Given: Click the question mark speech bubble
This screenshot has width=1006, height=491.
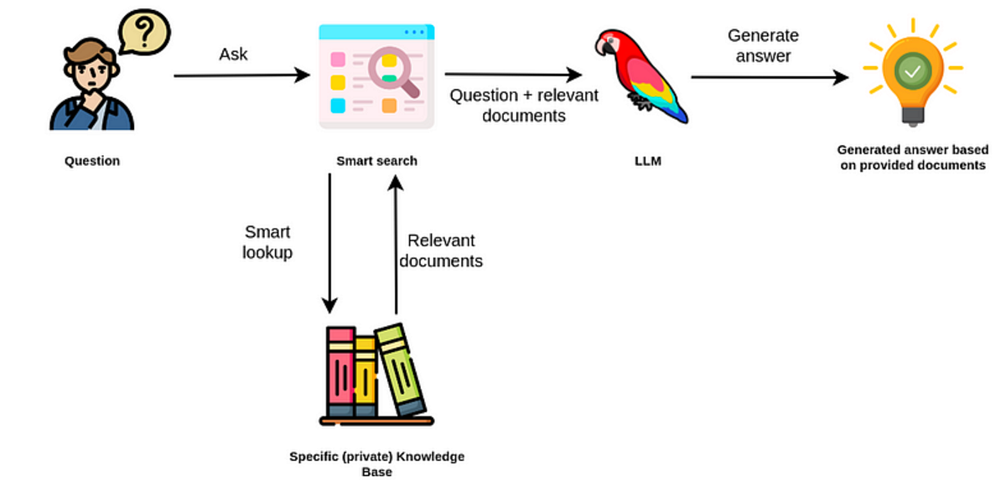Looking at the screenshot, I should tap(144, 33).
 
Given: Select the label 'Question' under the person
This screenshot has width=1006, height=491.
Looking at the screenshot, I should tap(92, 161).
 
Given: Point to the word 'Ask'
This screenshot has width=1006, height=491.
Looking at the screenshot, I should tap(234, 54).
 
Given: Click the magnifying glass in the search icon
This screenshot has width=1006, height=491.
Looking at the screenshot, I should tap(391, 70).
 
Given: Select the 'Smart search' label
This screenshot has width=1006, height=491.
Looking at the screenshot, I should tap(376, 161).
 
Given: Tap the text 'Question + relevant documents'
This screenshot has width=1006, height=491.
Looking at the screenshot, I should tap(524, 106).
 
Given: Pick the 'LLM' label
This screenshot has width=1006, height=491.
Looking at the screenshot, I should tap(647, 161).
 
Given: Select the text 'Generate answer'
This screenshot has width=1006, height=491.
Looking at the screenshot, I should tap(763, 46).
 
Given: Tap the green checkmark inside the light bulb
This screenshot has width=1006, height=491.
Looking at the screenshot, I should tap(911, 72).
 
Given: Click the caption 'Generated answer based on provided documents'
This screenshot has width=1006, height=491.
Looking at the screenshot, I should tap(912, 158).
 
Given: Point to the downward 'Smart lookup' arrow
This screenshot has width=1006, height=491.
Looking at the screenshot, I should tap(330, 243).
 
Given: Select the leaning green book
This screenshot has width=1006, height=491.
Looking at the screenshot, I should tap(401, 369).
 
